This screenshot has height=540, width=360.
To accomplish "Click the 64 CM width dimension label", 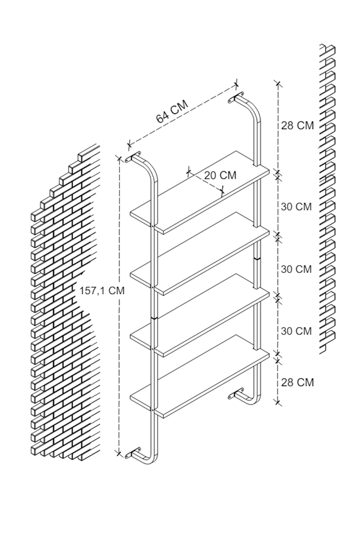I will pyautogui.click(x=172, y=111).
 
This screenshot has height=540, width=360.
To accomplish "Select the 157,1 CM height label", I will pyautogui.click(x=102, y=290).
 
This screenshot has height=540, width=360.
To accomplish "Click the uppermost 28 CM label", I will pyautogui.click(x=297, y=125).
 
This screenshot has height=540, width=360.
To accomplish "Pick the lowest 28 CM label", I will pyautogui.click(x=297, y=382).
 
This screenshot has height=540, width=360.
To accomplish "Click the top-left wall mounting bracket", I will pyautogui.click(x=134, y=158).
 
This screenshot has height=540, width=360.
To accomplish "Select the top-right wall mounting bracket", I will pyautogui.click(x=235, y=97).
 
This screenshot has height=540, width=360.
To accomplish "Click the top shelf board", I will pyautogui.click(x=200, y=192).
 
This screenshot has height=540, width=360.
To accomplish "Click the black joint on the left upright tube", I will pyautogui.click(x=154, y=316).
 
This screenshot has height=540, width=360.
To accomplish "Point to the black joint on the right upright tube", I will pyautogui.click(x=257, y=258).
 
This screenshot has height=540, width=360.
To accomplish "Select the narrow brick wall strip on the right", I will pyautogui.click(x=327, y=200).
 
